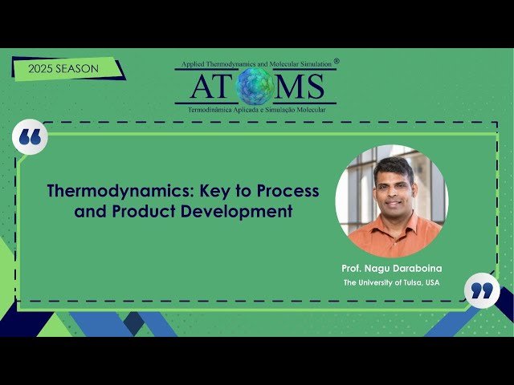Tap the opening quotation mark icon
[31, 138]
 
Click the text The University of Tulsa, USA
[391, 283]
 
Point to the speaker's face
[393, 185]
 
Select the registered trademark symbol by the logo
[337, 60]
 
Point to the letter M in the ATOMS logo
[288, 86]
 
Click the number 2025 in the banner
[40, 69]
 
